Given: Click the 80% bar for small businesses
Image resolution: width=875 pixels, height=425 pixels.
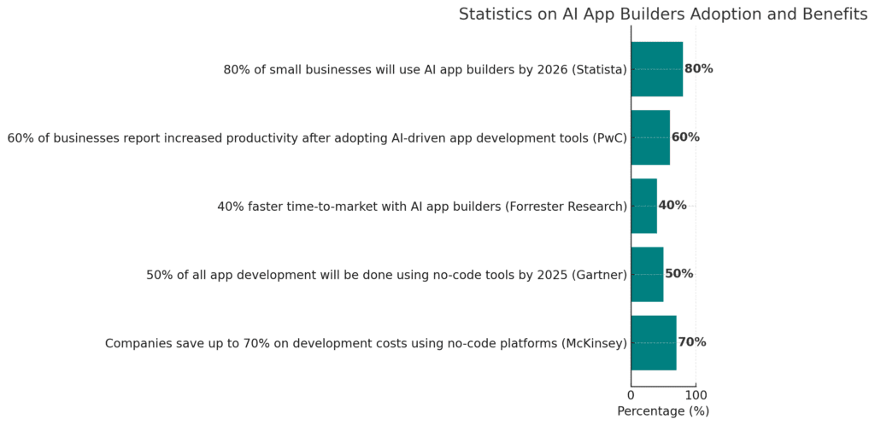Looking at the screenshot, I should point(656,69).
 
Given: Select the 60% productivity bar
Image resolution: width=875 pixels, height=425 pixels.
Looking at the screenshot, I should point(650,137).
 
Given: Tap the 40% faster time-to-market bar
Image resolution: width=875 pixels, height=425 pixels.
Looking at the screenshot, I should point(643,206).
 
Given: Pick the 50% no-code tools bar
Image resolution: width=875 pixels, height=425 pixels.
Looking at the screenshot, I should point(647,274).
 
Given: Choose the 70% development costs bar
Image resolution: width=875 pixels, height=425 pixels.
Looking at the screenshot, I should point(654,342).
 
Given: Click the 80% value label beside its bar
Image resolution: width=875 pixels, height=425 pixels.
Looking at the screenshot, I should point(698,69).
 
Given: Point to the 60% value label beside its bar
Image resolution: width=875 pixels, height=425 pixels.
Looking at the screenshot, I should point(685,137).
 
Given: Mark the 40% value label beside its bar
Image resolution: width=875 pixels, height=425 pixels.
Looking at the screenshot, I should point(672,206).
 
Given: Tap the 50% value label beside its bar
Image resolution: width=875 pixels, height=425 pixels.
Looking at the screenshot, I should point(678,274).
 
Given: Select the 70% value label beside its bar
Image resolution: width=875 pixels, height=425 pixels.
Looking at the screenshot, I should point(692,342).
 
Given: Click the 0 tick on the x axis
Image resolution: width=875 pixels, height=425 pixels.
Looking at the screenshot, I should point(631,395).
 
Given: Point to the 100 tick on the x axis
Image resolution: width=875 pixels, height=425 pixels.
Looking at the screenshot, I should point(696,395).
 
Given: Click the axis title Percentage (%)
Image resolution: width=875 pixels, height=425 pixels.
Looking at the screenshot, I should point(663,411).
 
